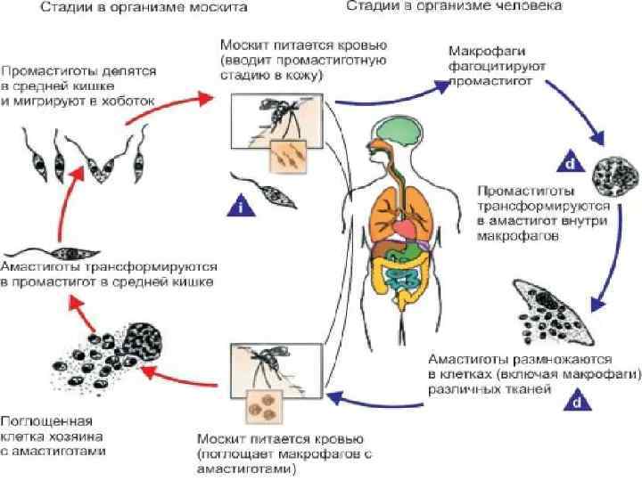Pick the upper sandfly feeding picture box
pos(267,125)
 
